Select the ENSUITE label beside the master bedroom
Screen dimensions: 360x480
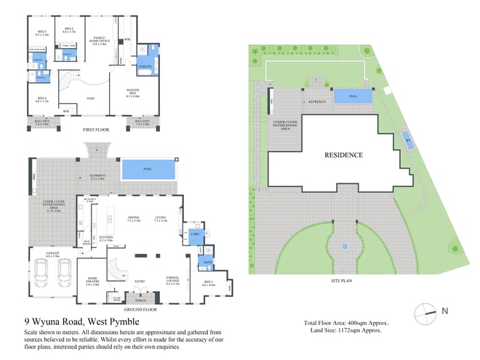pos(144,67)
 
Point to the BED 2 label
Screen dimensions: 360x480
pos(68,30)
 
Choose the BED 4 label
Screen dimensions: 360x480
pos(41,100)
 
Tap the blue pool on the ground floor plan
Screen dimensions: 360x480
pos(148,170)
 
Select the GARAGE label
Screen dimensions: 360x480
pos(53,255)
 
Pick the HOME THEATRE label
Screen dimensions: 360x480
pos(92,281)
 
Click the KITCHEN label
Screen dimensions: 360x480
pos(107,238)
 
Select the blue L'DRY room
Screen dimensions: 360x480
pos(194,234)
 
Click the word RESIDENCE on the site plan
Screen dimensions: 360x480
pos(343,154)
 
